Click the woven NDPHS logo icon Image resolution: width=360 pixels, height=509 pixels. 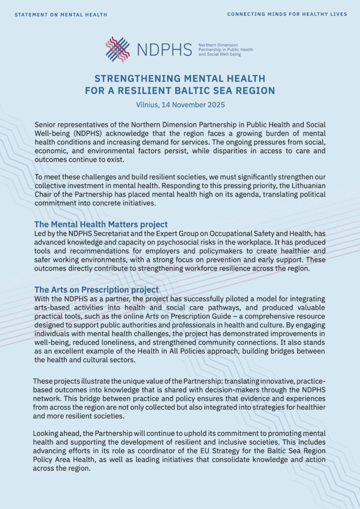(x=118, y=49)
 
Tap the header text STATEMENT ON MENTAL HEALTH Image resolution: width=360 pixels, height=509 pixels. (x=61, y=14)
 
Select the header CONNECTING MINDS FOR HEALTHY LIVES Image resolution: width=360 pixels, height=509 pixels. (x=287, y=14)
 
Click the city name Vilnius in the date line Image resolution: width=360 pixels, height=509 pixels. (x=148, y=105)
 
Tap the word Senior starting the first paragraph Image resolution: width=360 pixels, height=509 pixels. (x=46, y=124)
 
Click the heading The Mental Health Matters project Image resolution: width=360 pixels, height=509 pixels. (x=101, y=224)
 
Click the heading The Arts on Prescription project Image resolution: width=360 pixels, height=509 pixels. (x=96, y=289)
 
